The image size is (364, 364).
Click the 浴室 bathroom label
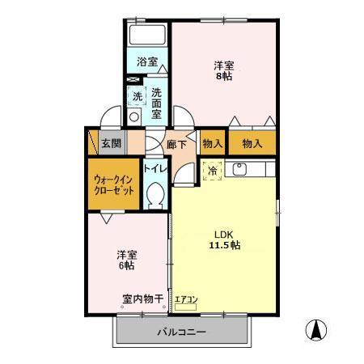point(146,61)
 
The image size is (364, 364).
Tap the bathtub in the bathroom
point(147,36)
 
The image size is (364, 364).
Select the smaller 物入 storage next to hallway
point(212,143)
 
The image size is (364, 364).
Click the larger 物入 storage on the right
point(252,143)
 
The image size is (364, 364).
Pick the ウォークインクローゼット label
point(113,185)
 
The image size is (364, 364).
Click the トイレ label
point(155,169)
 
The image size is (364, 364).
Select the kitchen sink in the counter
point(239,170)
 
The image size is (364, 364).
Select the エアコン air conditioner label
point(186,301)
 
